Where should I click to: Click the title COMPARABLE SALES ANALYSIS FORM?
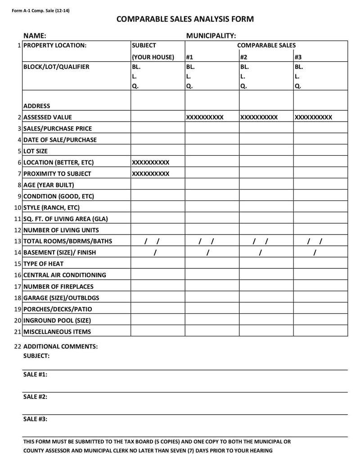click(185, 19)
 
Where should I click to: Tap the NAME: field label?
click(35, 36)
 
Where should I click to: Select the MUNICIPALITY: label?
click(211, 36)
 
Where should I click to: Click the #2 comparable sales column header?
click(243, 57)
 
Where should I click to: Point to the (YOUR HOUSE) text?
click(153, 57)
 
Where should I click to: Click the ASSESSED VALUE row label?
click(47, 118)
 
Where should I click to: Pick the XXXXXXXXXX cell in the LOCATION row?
click(151, 163)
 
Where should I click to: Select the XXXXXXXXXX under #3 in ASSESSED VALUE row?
click(313, 118)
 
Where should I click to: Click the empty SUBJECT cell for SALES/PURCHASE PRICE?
click(157, 129)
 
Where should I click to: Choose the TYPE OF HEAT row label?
click(43, 264)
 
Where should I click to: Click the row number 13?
click(18, 241)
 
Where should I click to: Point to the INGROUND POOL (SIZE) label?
click(57, 321)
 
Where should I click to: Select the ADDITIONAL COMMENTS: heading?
click(60, 347)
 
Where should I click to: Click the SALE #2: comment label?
click(35, 397)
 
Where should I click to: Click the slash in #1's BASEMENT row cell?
click(207, 253)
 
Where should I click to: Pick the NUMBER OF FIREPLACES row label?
click(58, 286)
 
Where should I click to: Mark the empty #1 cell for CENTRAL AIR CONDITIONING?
click(211, 275)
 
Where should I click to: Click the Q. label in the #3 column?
click(297, 86)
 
